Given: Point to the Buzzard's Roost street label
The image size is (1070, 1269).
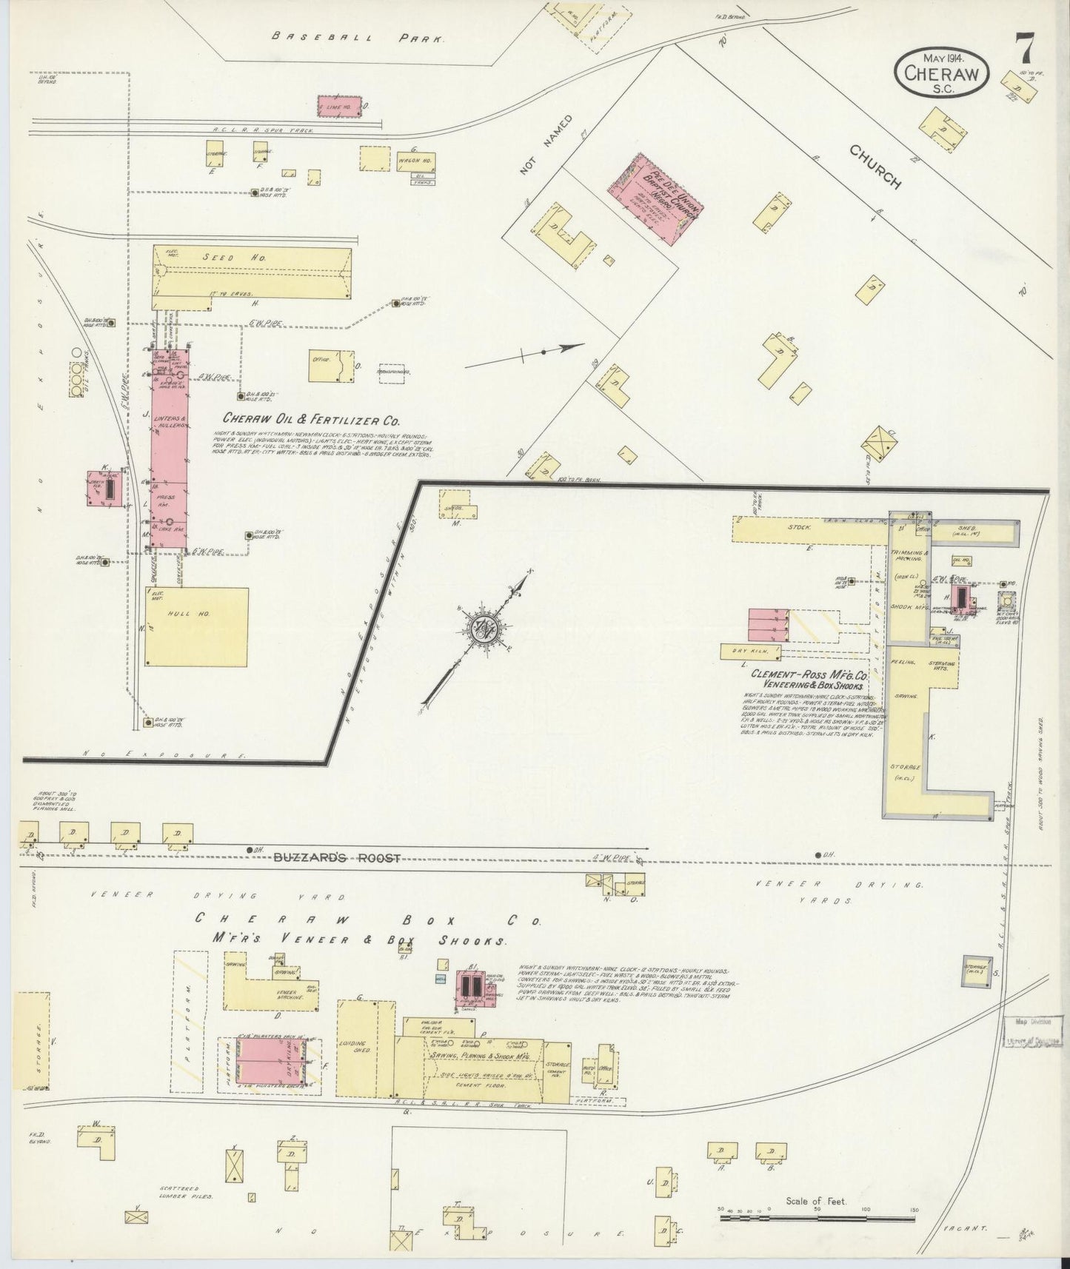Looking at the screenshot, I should tap(337, 858).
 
